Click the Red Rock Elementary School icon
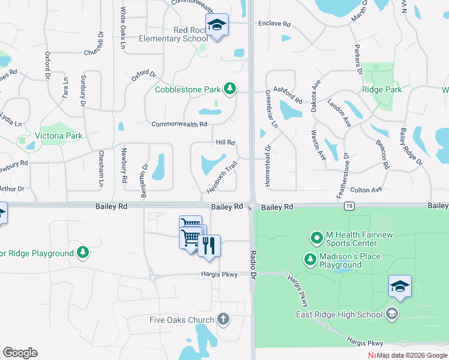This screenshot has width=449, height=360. click(x=217, y=25)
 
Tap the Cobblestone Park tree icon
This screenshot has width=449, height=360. click(x=229, y=89)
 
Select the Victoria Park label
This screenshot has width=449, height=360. click(x=59, y=136)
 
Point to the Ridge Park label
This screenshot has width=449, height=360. click(x=382, y=89)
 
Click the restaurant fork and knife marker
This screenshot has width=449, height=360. click(x=209, y=246)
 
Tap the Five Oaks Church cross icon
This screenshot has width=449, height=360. click(x=223, y=319)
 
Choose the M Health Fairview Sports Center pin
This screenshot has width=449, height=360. click(x=316, y=238)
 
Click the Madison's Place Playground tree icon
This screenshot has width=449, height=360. click(x=310, y=260)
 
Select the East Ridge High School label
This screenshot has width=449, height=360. click(x=339, y=314)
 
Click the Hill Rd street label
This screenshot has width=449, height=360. click(x=225, y=142)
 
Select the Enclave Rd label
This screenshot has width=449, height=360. click(x=274, y=24)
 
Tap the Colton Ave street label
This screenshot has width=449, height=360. click(x=366, y=190)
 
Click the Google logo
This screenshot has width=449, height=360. click(x=20, y=353)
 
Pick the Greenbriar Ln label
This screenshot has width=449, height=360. click(x=272, y=109)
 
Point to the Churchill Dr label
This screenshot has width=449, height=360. click(x=94, y=44)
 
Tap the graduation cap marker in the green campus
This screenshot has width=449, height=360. click(x=400, y=287)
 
